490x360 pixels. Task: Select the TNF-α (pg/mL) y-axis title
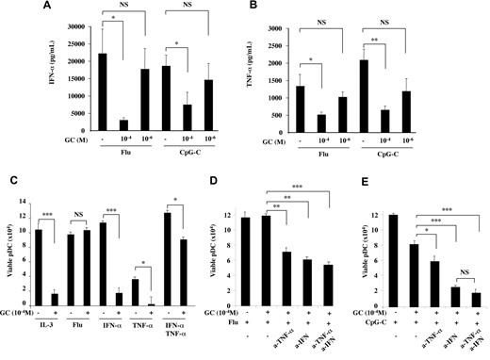pyautogui.click(x=267, y=80)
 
